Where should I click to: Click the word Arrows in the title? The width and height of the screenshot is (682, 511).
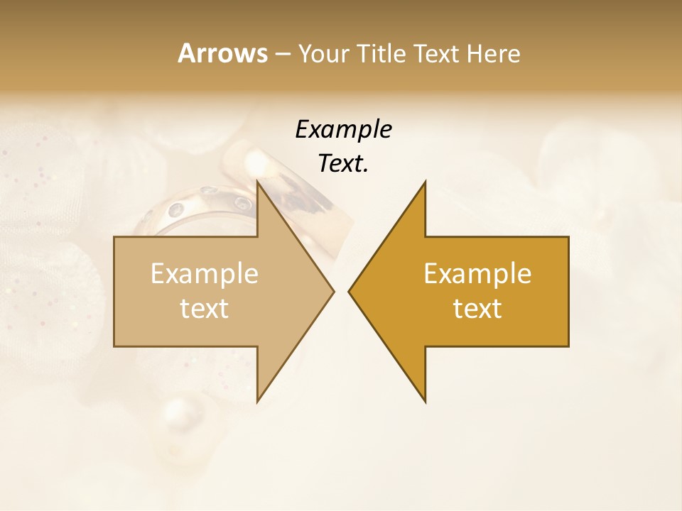tap(222, 53)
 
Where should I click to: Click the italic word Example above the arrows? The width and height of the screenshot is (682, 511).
tap(343, 129)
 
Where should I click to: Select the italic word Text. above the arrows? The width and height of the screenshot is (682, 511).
tap(343, 163)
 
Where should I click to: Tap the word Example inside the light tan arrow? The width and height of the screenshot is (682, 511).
tap(204, 273)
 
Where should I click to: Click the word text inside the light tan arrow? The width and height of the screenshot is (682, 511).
tap(204, 309)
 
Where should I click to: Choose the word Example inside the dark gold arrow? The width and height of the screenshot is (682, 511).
tap(477, 273)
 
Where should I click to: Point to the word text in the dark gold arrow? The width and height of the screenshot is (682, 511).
tap(477, 309)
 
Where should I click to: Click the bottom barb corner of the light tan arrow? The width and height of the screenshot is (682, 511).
tap(257, 402)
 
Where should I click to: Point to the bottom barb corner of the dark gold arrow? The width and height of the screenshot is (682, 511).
tap(425, 402)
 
